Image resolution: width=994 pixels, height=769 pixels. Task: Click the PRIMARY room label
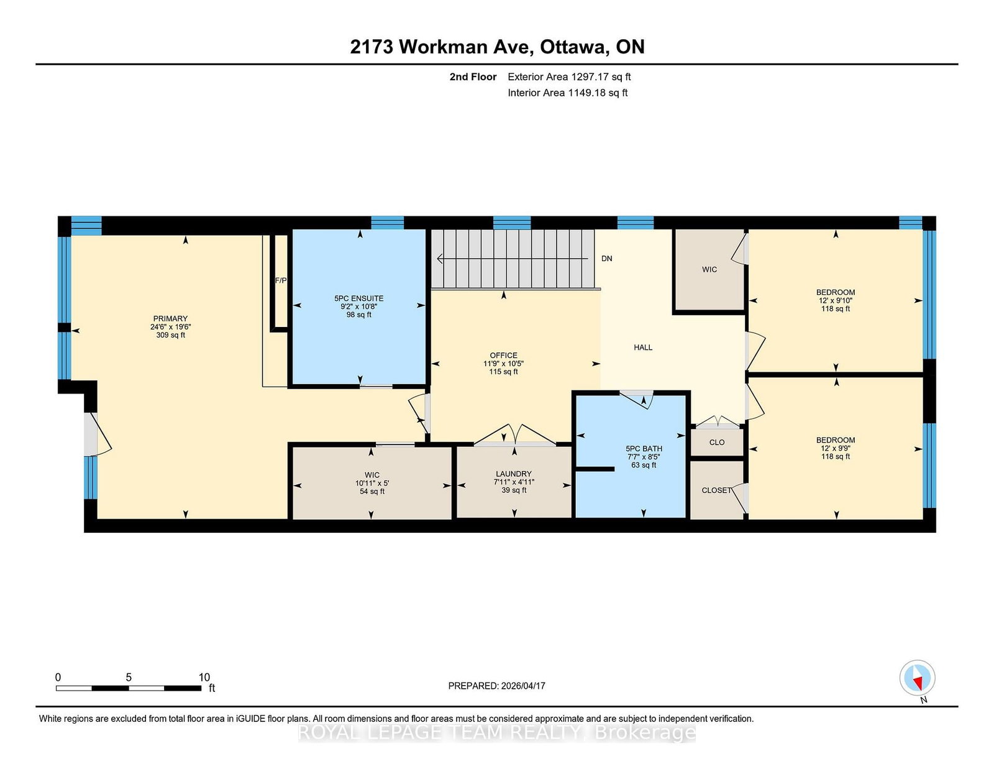[170, 318]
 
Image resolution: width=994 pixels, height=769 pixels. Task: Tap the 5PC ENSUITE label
[358, 298]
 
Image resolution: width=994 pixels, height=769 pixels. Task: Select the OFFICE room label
[503, 355]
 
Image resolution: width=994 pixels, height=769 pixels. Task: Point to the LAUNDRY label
[513, 474]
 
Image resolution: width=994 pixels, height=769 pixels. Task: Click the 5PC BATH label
[644, 449]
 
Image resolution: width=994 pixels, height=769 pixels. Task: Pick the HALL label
[643, 348]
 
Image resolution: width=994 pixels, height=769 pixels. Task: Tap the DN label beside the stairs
[606, 259]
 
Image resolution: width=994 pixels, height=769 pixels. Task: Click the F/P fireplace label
[280, 280]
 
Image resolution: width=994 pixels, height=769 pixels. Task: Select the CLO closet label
[717, 442]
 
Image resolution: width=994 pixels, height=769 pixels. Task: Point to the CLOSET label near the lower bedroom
[716, 490]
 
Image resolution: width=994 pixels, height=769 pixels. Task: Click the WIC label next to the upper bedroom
[709, 270]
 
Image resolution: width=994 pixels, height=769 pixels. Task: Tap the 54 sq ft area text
[372, 492]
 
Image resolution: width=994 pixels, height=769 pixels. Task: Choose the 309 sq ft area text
[170, 335]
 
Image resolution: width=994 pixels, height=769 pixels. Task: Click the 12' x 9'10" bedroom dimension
[836, 301]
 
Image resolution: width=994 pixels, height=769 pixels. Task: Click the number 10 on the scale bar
[204, 677]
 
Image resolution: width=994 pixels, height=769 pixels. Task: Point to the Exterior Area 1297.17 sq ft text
[569, 77]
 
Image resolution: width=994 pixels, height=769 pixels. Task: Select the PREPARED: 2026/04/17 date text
[496, 686]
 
